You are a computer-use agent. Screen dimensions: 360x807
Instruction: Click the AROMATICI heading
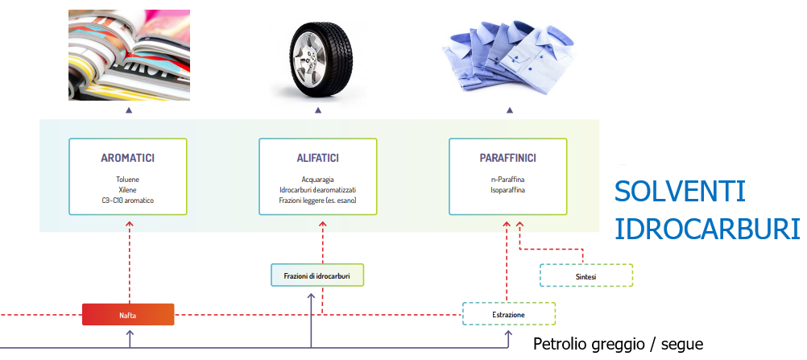(x=128, y=159)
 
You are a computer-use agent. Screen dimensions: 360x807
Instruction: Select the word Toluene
(x=128, y=180)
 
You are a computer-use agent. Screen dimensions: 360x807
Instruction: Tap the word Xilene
(x=128, y=189)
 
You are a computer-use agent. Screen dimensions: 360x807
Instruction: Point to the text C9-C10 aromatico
(x=128, y=200)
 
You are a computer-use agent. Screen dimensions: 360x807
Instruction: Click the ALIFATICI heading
(x=317, y=159)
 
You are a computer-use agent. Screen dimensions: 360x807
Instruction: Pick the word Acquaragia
(x=317, y=180)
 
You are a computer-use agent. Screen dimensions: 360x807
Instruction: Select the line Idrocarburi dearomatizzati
(x=317, y=189)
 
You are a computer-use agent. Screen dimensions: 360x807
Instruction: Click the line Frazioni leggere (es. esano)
(x=317, y=200)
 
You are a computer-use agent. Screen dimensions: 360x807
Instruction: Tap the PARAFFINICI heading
(x=507, y=159)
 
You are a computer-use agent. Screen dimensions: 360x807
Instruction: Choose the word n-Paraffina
(x=507, y=180)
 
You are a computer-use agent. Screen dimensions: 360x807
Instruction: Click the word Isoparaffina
(x=507, y=189)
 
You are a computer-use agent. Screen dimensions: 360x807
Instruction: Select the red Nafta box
(x=128, y=314)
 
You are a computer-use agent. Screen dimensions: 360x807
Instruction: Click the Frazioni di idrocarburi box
(x=317, y=275)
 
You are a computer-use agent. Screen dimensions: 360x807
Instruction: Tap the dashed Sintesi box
(x=586, y=276)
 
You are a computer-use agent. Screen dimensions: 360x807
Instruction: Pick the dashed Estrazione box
(x=508, y=314)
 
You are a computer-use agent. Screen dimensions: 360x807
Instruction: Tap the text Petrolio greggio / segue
(x=618, y=345)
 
